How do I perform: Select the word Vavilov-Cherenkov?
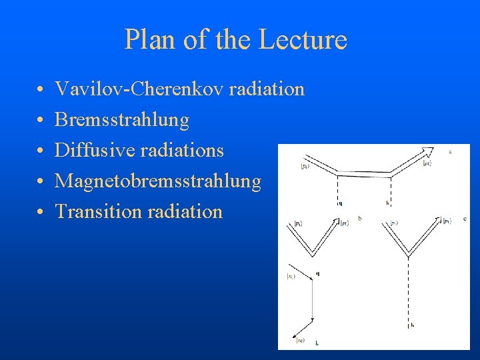140,89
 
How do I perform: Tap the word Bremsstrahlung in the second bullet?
122,120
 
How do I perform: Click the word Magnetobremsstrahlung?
158,181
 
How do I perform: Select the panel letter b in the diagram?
360,218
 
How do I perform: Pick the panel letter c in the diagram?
464,218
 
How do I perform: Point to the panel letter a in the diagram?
451,152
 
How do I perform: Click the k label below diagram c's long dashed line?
412,325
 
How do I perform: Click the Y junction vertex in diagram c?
408,255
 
